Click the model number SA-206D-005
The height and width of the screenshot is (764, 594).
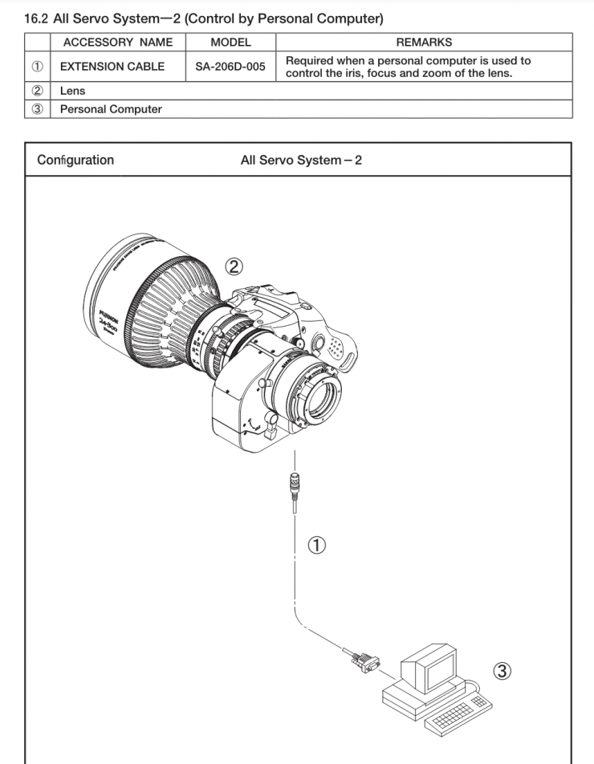[x=230, y=67]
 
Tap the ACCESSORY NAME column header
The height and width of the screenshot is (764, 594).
[x=117, y=42]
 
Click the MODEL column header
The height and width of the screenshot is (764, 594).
[x=230, y=42]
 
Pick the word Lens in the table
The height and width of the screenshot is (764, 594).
[x=72, y=91]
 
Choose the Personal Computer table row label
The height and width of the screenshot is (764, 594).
[x=111, y=109]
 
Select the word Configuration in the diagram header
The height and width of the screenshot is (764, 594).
[x=75, y=160]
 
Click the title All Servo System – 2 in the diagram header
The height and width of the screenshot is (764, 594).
[x=301, y=160]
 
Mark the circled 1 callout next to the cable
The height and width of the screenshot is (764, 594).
[x=319, y=546]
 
